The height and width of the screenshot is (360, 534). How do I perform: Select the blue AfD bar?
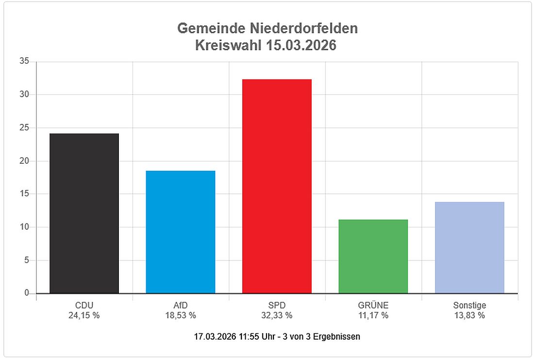pyautogui.click(x=180, y=232)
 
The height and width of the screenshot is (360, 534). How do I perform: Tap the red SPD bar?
pyautogui.click(x=277, y=186)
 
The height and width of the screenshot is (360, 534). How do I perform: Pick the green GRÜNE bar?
pyautogui.click(x=373, y=256)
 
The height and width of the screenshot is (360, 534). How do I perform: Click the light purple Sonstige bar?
pyautogui.click(x=469, y=247)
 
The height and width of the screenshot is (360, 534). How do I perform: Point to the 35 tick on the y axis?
pyautogui.click(x=24, y=61)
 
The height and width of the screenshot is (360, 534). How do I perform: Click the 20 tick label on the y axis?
pyautogui.click(x=24, y=161)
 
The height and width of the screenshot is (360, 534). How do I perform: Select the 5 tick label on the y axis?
pyautogui.click(x=26, y=260)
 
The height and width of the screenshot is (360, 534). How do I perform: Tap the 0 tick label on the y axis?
pyautogui.click(x=26, y=293)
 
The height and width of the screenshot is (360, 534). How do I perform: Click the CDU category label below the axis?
pyautogui.click(x=84, y=306)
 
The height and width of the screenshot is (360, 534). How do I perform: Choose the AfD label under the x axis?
pyautogui.click(x=180, y=306)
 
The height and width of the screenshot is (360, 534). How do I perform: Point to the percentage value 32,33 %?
pyautogui.click(x=277, y=315)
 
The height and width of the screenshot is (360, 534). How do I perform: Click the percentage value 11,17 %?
pyautogui.click(x=373, y=315)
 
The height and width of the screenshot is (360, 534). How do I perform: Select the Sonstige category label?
pyautogui.click(x=469, y=306)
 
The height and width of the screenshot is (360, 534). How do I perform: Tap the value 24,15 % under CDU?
pyautogui.click(x=84, y=315)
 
